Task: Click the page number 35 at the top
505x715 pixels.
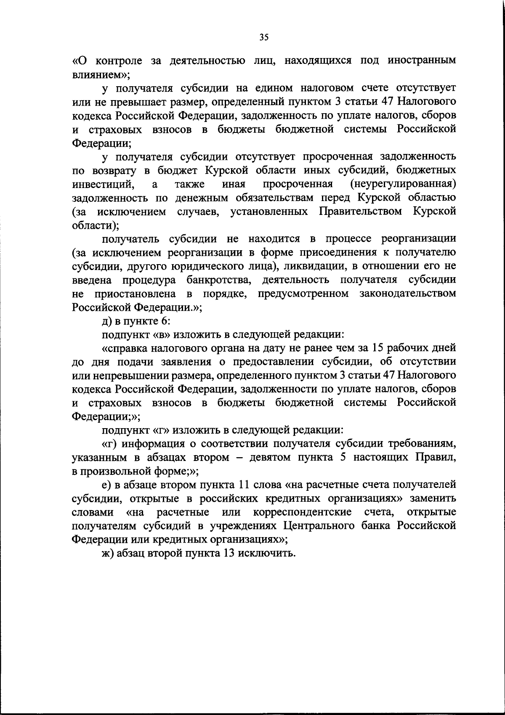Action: [x=264, y=37]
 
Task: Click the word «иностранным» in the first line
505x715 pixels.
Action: [x=422, y=61]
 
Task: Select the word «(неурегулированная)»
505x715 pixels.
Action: [x=403, y=184]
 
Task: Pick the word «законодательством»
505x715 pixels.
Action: [x=408, y=293]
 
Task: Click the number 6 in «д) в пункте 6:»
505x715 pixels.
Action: [x=165, y=321]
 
